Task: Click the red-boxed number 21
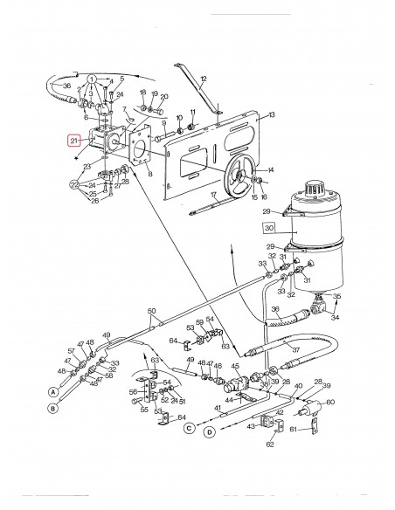coord(74,138)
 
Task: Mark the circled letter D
coord(210,431)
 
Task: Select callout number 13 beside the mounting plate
coord(272,115)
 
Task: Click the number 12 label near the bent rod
coord(203,79)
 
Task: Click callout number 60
coord(330,403)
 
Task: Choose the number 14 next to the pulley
coord(271,169)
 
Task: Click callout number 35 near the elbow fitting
coord(336,296)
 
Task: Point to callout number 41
coord(218,408)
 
